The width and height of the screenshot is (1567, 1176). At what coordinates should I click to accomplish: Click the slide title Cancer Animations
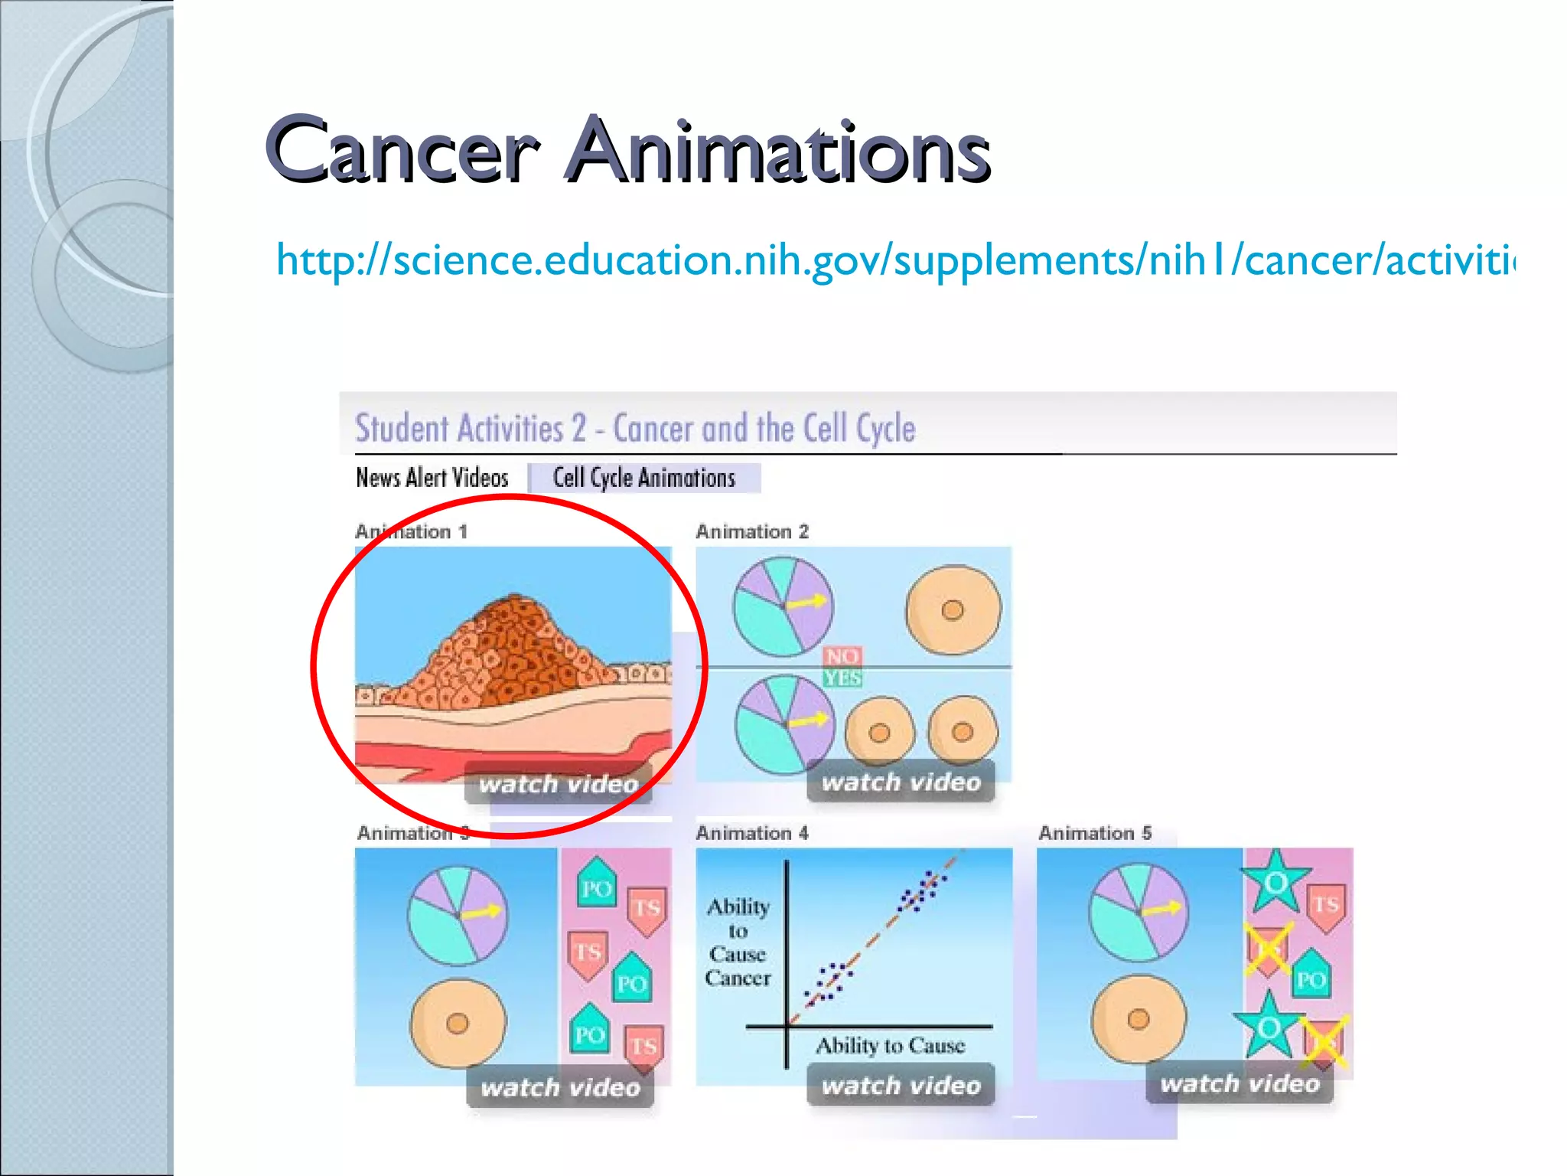(627, 149)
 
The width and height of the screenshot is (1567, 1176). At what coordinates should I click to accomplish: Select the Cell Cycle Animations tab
(643, 478)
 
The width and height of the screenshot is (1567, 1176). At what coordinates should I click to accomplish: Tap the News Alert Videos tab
(432, 478)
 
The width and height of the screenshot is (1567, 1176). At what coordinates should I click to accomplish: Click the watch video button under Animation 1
(559, 783)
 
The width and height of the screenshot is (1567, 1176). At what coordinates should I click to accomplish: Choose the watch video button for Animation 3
(560, 1087)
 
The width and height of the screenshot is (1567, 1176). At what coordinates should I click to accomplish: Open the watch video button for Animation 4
(901, 1085)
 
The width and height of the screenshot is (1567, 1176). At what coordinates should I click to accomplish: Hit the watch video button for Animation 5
(1240, 1083)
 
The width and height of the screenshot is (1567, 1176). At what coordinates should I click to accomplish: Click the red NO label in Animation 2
(842, 656)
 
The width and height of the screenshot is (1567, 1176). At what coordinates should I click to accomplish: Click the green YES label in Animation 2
(842, 678)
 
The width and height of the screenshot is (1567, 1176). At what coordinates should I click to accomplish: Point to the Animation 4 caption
(751, 833)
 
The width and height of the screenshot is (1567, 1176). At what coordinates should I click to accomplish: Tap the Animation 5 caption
(1094, 833)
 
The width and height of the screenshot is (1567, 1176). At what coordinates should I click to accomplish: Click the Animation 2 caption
(751, 531)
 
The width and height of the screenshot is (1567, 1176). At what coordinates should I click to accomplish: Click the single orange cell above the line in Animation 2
(953, 610)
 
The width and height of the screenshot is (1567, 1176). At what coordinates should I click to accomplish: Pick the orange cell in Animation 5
(1139, 1018)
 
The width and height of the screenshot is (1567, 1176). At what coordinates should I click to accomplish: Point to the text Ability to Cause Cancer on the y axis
(738, 942)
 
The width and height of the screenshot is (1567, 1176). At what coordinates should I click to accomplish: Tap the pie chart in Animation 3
(458, 915)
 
